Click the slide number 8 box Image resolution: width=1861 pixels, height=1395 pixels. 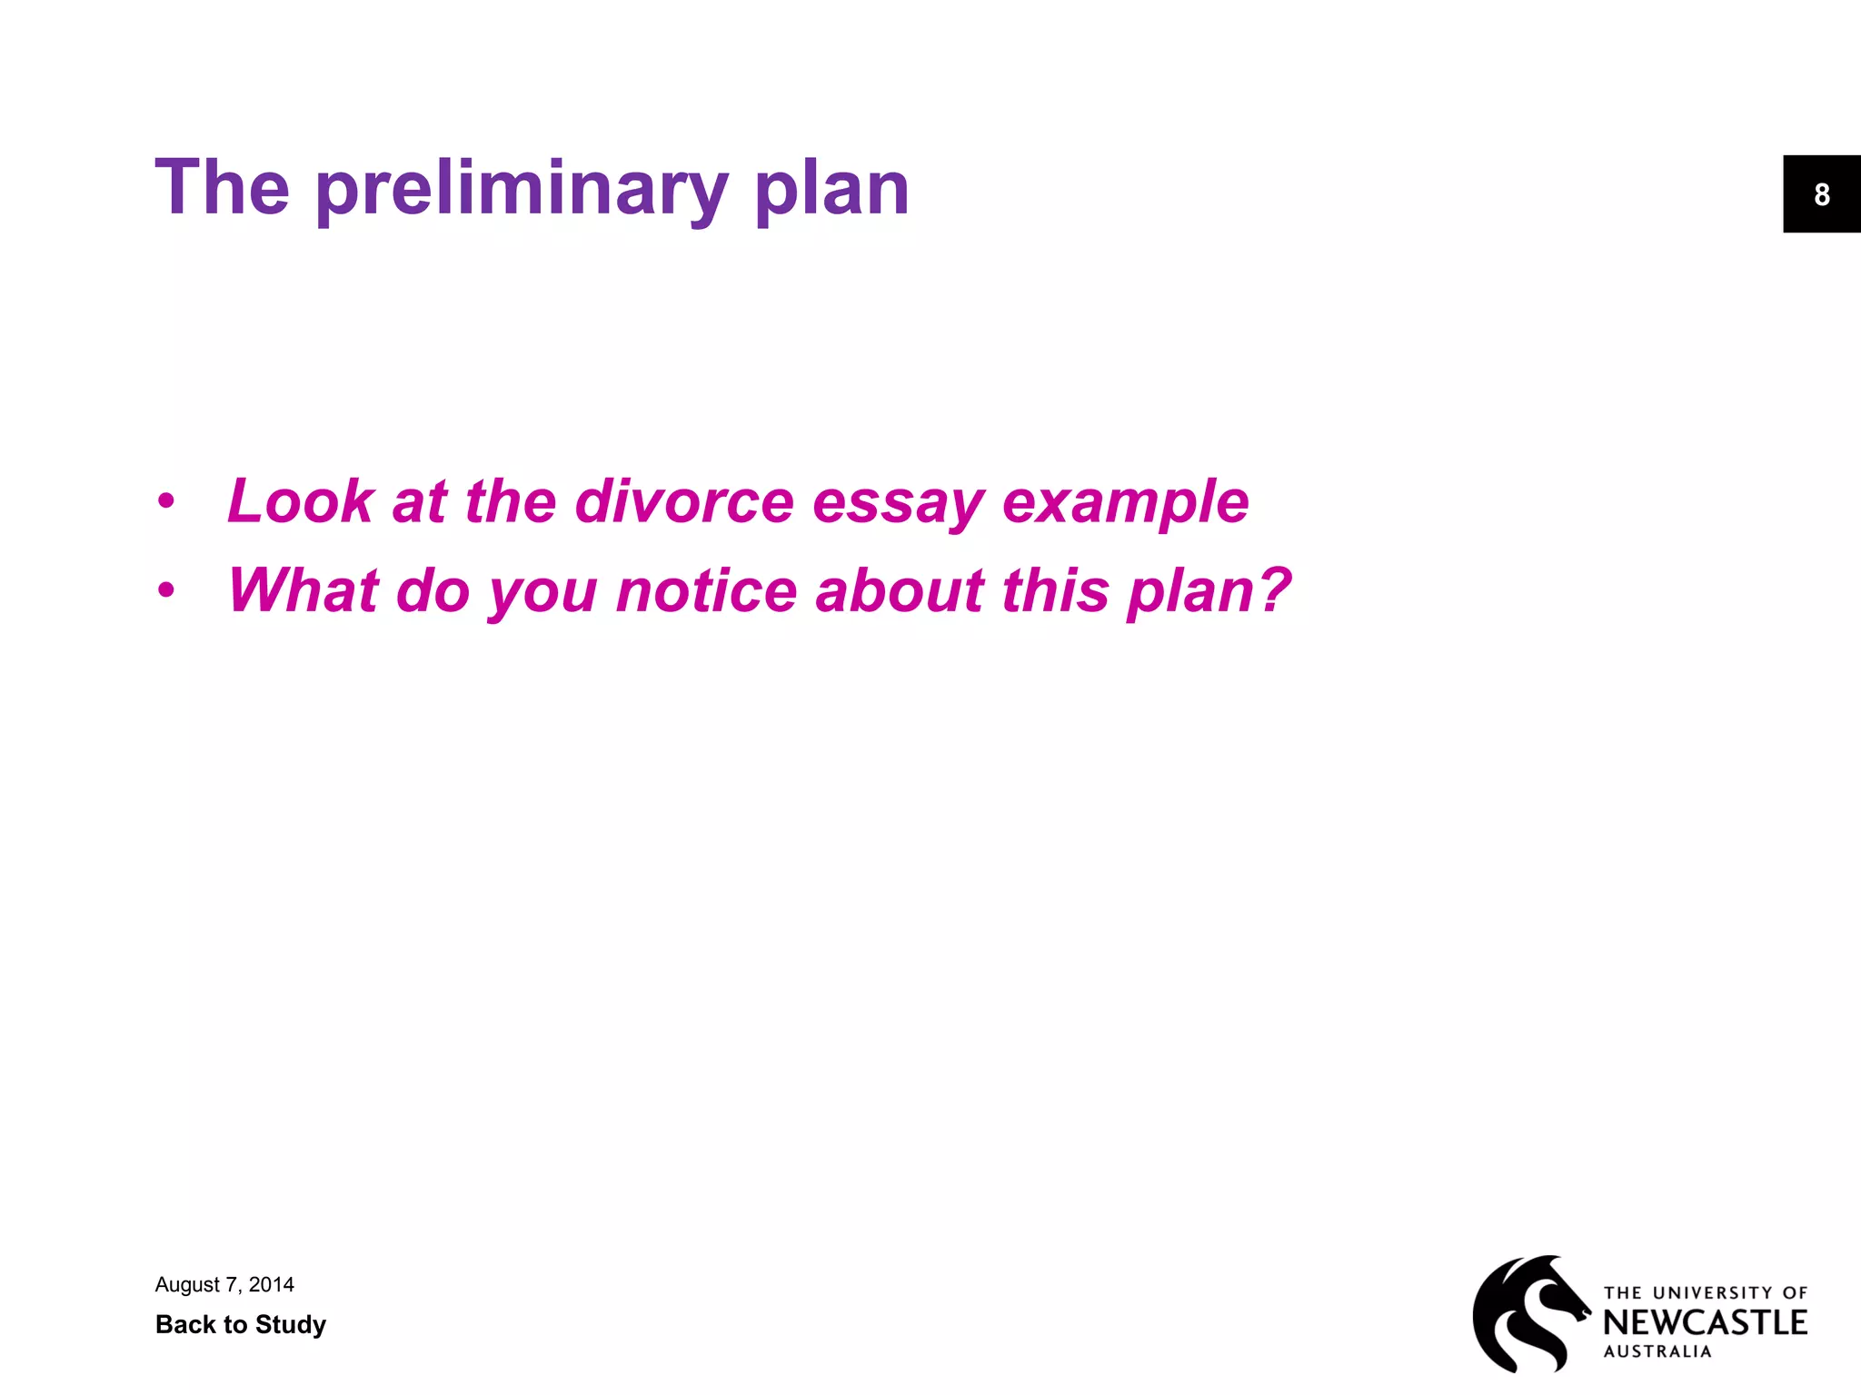coord(1821,194)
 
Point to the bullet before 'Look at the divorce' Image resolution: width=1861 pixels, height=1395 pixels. coord(165,501)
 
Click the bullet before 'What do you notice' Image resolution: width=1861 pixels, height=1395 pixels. coord(165,590)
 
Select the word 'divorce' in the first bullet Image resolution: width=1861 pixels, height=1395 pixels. coord(684,501)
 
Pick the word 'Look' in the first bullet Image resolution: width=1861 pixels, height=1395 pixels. coord(300,501)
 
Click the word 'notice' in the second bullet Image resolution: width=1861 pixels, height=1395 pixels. coord(706,590)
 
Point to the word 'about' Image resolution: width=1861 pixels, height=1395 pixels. coord(900,590)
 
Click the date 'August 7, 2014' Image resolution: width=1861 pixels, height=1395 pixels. coord(224,1284)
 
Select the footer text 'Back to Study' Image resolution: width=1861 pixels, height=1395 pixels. coord(241,1324)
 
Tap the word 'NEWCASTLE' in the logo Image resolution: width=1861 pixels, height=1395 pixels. coord(1705,1322)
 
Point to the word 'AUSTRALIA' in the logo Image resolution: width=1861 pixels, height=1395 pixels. coord(1657,1351)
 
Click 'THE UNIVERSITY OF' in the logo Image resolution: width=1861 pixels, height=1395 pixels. coord(1705,1292)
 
